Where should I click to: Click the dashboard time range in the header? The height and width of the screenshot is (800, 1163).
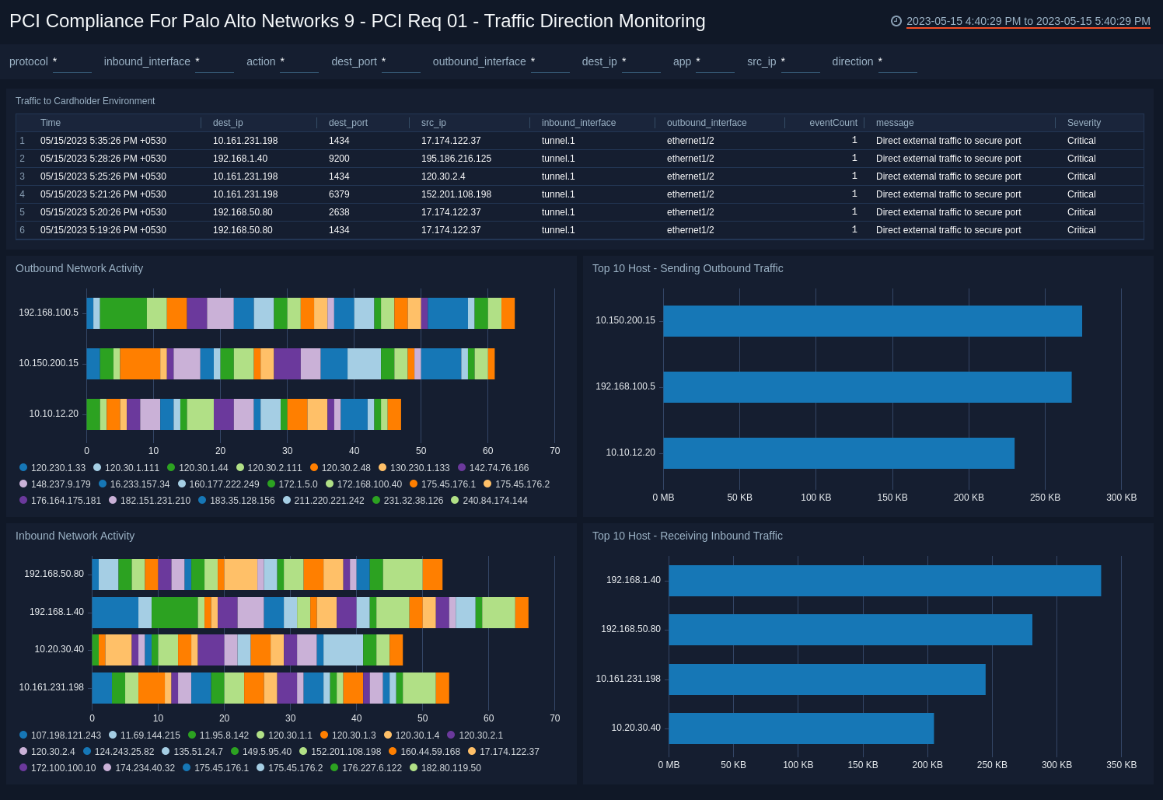pyautogui.click(x=1027, y=22)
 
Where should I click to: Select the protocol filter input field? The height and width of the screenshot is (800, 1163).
pyautogui.click(x=72, y=62)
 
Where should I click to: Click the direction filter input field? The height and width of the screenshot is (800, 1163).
pyautogui.click(x=897, y=62)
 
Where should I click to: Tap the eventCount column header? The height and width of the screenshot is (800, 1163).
pyautogui.click(x=833, y=123)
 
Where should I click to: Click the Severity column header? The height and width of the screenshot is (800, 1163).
pyautogui.click(x=1084, y=123)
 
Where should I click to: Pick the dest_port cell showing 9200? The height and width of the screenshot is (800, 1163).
pyautogui.click(x=339, y=159)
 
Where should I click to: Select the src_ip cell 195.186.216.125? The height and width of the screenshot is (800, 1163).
pyautogui.click(x=456, y=159)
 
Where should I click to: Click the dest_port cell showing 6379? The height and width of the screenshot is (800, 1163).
pyautogui.click(x=339, y=194)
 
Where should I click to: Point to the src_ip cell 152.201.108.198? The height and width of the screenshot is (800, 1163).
pyautogui.click(x=456, y=194)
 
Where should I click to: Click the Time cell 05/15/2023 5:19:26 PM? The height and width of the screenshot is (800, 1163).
pyautogui.click(x=103, y=230)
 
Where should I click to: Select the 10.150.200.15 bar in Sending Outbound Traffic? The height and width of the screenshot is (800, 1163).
pyautogui.click(x=871, y=321)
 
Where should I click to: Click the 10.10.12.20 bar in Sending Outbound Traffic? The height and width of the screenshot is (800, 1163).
pyautogui.click(x=838, y=453)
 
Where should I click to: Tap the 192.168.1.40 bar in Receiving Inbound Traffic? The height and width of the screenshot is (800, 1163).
pyautogui.click(x=884, y=581)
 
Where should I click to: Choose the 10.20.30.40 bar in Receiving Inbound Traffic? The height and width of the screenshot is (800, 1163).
pyautogui.click(x=801, y=728)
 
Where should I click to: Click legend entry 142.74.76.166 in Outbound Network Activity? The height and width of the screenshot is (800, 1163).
pyautogui.click(x=498, y=468)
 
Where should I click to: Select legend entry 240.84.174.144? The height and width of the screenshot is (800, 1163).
pyautogui.click(x=494, y=501)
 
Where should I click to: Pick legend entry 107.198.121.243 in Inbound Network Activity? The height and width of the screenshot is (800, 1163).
pyautogui.click(x=65, y=735)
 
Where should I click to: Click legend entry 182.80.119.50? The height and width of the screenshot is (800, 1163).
pyautogui.click(x=450, y=768)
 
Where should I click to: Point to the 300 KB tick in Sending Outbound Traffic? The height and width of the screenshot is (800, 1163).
pyautogui.click(x=1121, y=498)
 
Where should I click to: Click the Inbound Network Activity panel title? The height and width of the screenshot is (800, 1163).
pyautogui.click(x=75, y=536)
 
